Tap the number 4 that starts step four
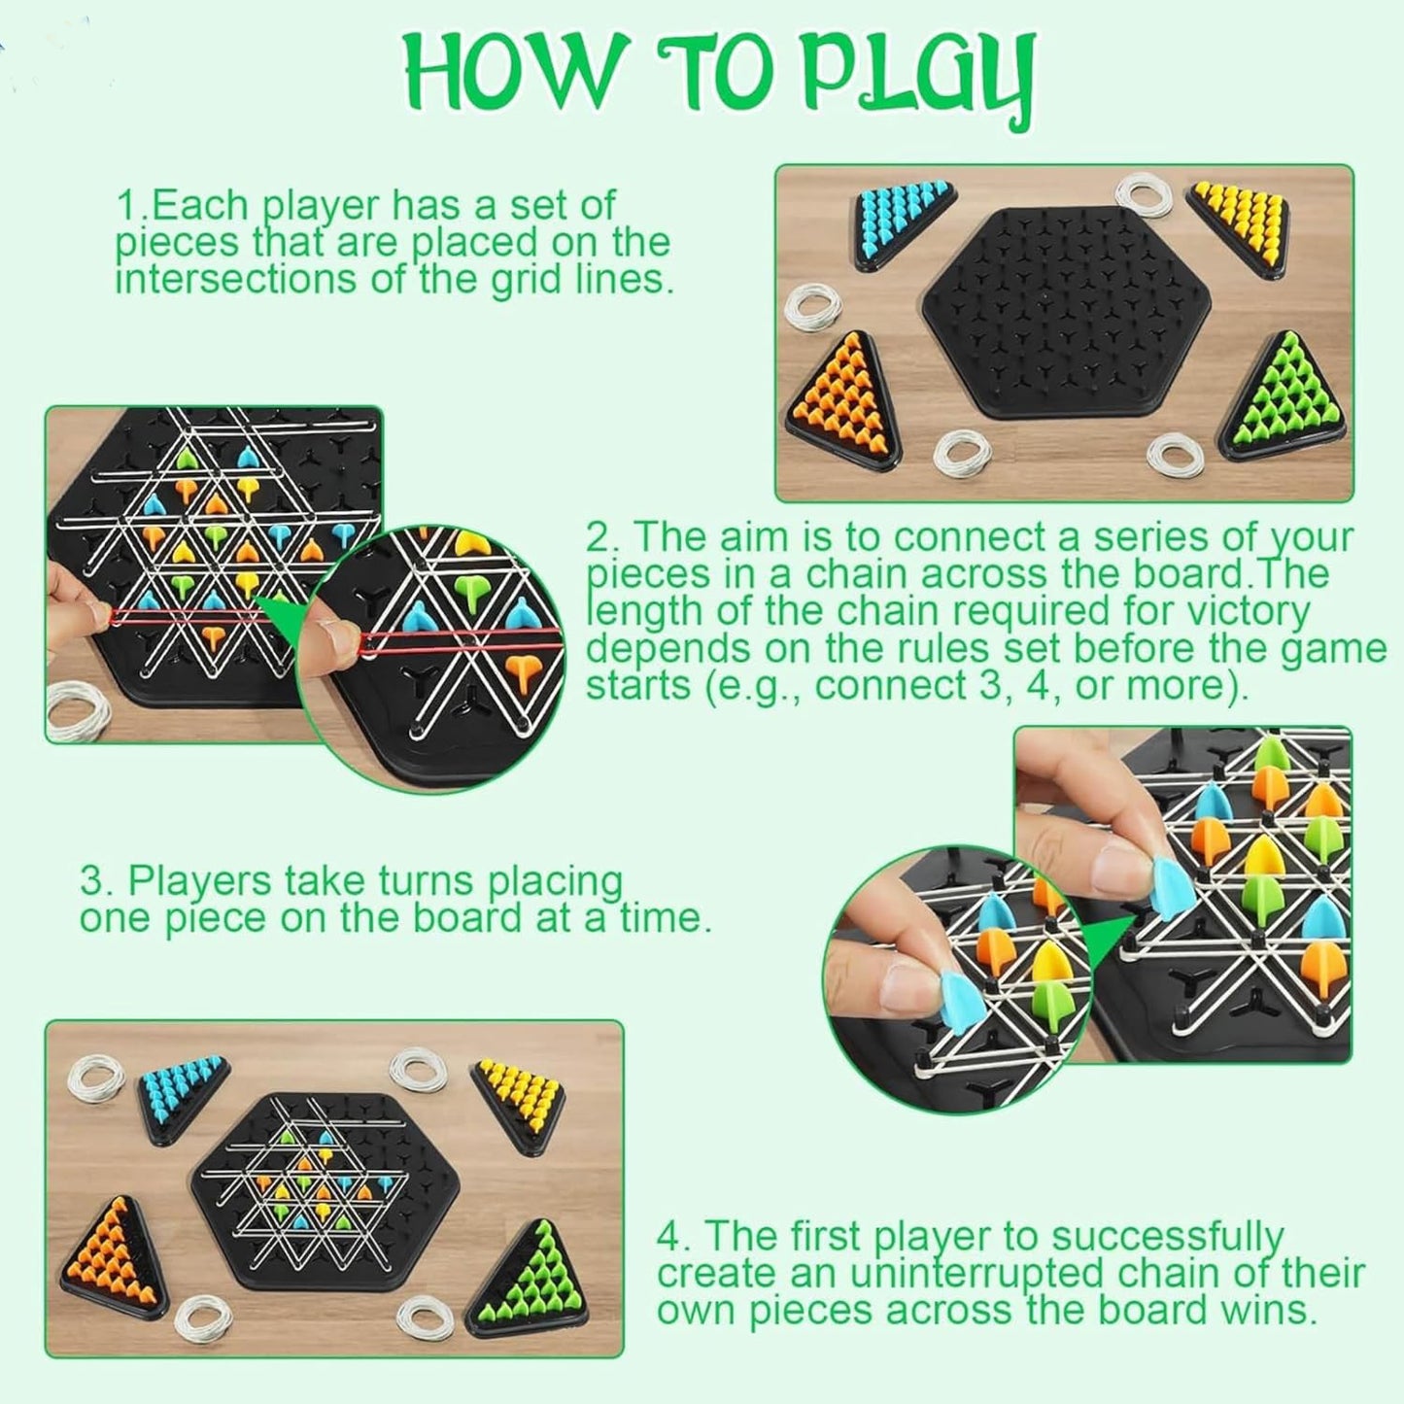click(x=668, y=1237)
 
